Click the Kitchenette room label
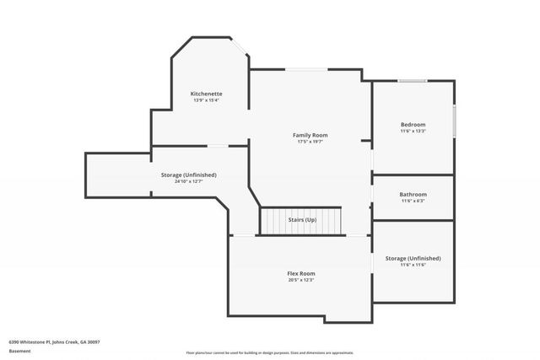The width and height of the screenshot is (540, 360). [x=206, y=93]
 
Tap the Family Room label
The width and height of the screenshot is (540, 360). [x=310, y=135]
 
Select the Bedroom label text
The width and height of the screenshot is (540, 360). [x=413, y=125]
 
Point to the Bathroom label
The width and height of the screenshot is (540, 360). [x=413, y=194]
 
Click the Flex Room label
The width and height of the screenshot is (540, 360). [x=300, y=273]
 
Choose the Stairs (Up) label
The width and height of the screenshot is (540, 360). [x=301, y=219]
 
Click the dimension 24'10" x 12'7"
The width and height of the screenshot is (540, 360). [x=188, y=181]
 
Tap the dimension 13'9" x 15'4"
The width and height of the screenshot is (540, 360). [x=206, y=100]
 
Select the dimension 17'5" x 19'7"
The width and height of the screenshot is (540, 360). [x=310, y=142]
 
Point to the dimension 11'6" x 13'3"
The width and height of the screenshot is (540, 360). [x=413, y=132]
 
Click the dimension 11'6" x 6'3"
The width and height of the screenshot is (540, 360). [x=413, y=201]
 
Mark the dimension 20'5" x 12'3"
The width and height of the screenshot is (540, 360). [x=300, y=280]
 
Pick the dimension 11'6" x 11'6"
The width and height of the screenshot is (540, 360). [x=413, y=265]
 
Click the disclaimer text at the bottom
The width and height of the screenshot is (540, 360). [x=269, y=352]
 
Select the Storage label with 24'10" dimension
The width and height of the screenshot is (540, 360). [x=188, y=175]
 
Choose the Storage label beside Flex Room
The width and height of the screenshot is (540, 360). [x=413, y=258]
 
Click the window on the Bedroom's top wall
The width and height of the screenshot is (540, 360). [x=412, y=81]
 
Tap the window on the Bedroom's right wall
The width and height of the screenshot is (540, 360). [x=454, y=121]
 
